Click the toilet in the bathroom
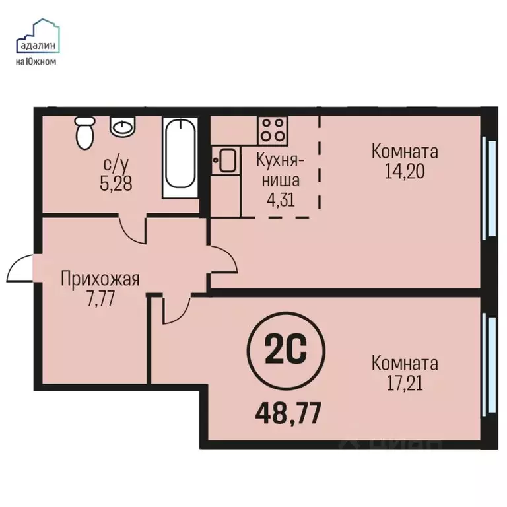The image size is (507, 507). (x=84, y=132)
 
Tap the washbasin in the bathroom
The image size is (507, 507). (x=122, y=126)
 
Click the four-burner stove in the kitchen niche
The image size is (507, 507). (x=271, y=129)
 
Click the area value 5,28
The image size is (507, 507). (x=116, y=183)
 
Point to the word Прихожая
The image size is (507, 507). (x=100, y=279)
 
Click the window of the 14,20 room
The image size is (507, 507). (x=489, y=187)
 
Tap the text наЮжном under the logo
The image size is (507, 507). (x=36, y=62)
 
